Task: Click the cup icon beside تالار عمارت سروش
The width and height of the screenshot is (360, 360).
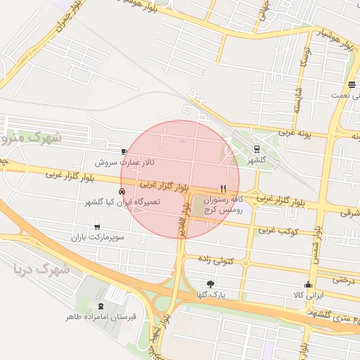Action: point(124,151)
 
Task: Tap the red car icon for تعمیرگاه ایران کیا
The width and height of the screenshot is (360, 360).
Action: point(122,191)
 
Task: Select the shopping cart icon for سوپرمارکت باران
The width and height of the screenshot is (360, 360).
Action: point(96,226)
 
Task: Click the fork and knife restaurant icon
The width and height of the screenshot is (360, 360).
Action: point(224,188)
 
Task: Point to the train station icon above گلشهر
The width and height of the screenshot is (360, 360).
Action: point(256,148)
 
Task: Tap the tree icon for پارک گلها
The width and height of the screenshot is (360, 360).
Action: point(210,284)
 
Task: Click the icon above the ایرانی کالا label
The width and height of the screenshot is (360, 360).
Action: point(307,284)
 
